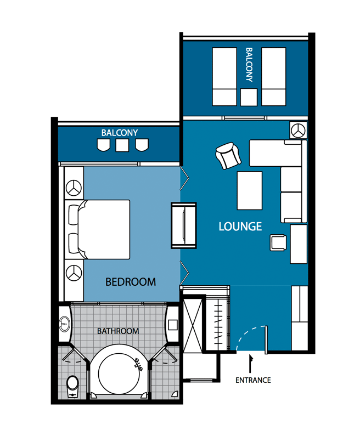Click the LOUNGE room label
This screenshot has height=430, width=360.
pyautogui.click(x=240, y=226)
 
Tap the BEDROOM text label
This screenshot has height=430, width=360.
pyautogui.click(x=131, y=282)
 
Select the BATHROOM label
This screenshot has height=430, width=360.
pyautogui.click(x=118, y=331)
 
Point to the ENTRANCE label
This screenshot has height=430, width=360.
pyautogui.click(x=253, y=380)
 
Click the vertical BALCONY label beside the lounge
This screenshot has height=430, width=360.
pyautogui.click(x=249, y=65)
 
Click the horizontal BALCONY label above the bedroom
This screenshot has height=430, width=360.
pyautogui.click(x=120, y=133)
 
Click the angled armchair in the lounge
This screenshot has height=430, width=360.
pyautogui.click(x=228, y=155)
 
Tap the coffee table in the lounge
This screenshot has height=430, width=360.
pyautogui.click(x=249, y=191)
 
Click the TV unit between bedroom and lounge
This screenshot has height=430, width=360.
pyautogui.click(x=183, y=225)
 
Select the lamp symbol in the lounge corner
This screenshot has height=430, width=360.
pyautogui.click(x=299, y=130)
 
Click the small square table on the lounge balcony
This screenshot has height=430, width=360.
pyautogui.click(x=249, y=97)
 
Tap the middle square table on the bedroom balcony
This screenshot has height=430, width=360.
pyautogui.click(x=122, y=145)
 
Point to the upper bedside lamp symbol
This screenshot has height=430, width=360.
pyautogui.click(x=74, y=188)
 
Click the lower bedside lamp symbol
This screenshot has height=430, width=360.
pyautogui.click(x=74, y=273)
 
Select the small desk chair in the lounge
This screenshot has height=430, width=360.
pyautogui.click(x=278, y=242)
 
